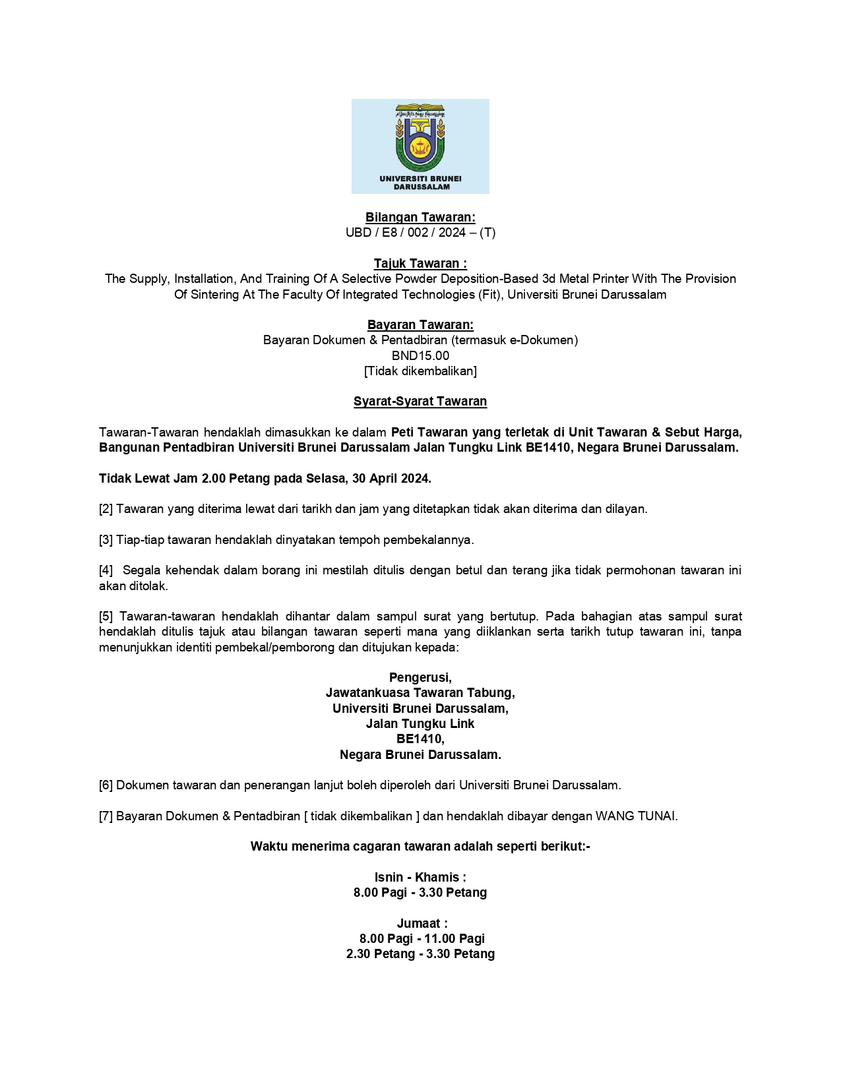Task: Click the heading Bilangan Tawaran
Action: tap(420, 218)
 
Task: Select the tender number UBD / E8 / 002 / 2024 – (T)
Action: tap(420, 233)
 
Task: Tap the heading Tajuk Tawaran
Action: tap(420, 264)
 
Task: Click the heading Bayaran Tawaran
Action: tap(420, 325)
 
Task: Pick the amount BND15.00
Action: tap(420, 356)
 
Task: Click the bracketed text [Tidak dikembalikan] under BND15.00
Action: tap(420, 371)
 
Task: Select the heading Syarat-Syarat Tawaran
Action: tap(420, 402)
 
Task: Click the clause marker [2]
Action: tap(106, 510)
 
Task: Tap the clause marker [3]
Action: tap(106, 540)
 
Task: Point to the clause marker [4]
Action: tap(106, 570)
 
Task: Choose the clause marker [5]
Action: tap(106, 617)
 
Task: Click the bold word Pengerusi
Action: tap(420, 678)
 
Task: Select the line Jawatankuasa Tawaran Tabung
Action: tap(420, 693)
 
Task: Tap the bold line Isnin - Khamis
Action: tap(420, 878)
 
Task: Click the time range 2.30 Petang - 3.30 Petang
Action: tap(420, 954)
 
